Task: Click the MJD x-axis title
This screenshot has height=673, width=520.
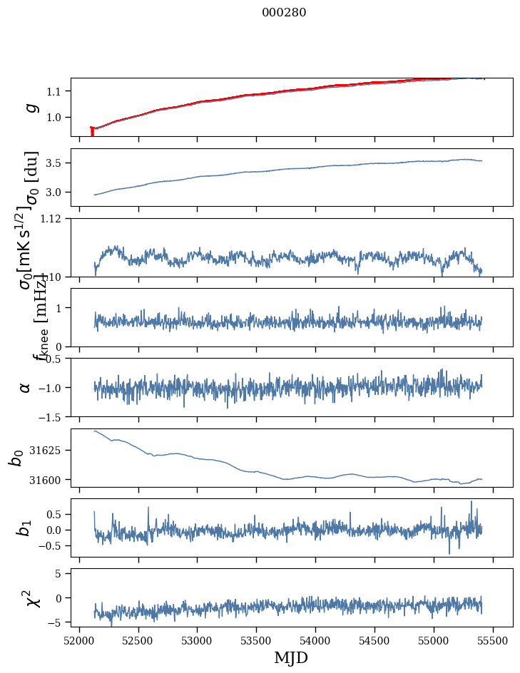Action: [291, 658]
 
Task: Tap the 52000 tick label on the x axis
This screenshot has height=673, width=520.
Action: [79, 640]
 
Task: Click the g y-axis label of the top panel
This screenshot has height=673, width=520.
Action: [30, 107]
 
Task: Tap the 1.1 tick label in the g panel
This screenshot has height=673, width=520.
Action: [56, 91]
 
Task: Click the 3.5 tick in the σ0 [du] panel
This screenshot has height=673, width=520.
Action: [56, 163]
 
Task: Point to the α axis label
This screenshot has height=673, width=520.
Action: [26, 387]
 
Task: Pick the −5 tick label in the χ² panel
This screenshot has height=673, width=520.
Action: [57, 622]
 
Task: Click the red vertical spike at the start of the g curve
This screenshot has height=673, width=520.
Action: [92, 132]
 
